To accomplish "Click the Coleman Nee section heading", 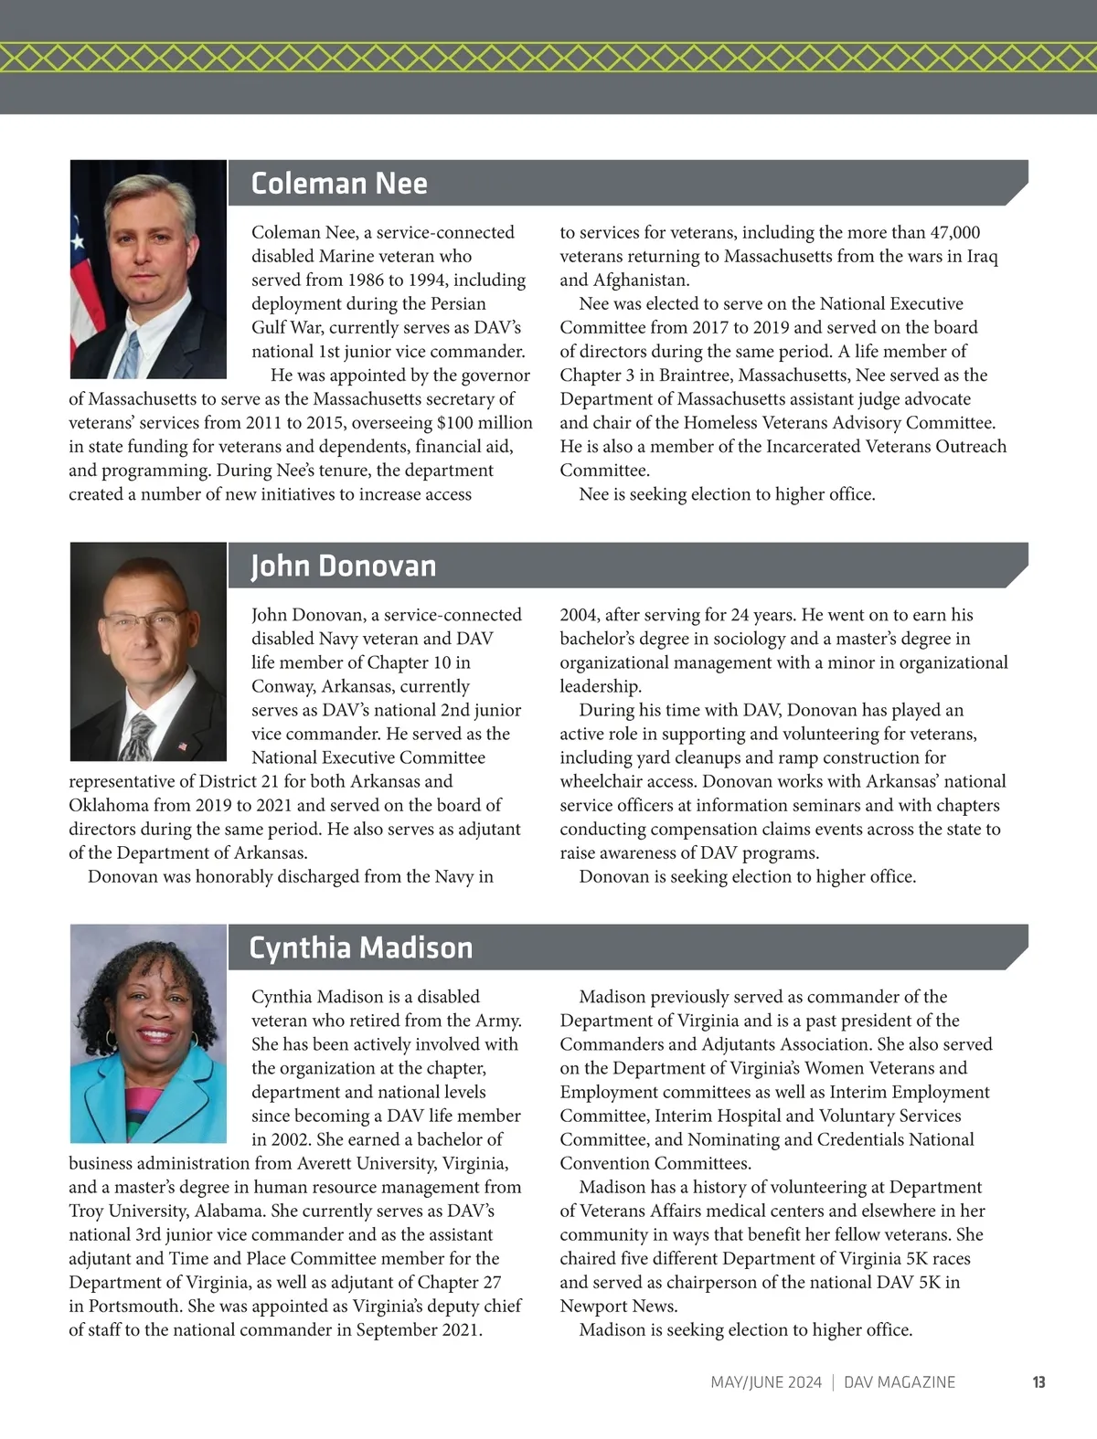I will [339, 184].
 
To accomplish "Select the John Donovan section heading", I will [344, 566].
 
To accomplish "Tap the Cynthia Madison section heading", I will [361, 947].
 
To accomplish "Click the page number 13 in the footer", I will [1038, 1382].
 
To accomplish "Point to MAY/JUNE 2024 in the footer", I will [766, 1382].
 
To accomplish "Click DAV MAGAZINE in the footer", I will [900, 1382].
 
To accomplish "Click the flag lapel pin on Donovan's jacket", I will [181, 746].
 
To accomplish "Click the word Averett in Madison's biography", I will [329, 1163].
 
